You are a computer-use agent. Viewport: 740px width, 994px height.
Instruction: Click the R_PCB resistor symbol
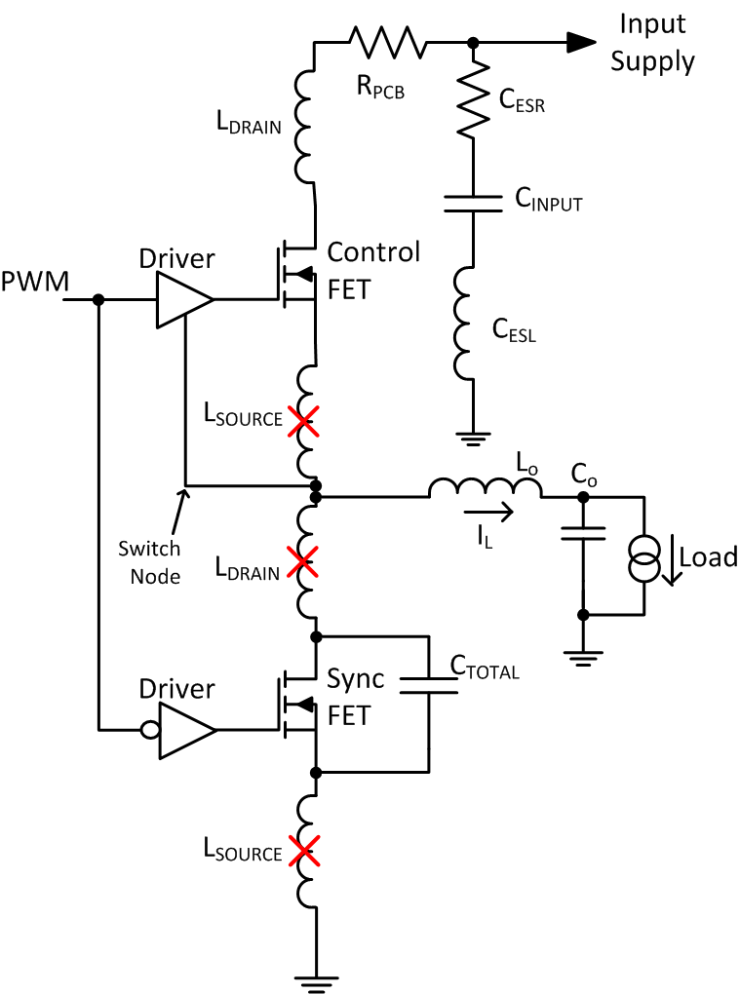(388, 42)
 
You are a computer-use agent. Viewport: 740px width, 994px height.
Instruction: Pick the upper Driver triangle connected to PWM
(183, 299)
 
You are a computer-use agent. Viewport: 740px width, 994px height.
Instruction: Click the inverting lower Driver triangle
(185, 728)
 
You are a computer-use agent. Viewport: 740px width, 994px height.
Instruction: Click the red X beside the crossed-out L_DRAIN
(303, 561)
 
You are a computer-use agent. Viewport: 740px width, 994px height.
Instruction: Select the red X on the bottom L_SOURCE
(303, 852)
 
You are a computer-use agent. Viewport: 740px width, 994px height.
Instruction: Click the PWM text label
(34, 283)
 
